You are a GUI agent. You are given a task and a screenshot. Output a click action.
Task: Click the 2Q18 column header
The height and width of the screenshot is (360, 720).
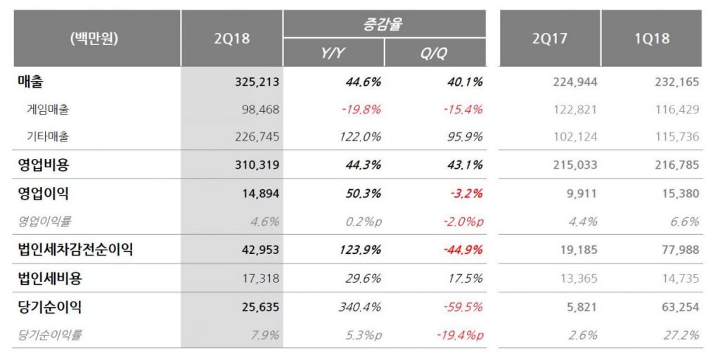(231, 39)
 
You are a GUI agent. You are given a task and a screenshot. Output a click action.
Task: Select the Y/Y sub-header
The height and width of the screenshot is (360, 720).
(333, 53)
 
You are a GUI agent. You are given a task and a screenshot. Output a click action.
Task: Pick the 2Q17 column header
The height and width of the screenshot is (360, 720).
(551, 39)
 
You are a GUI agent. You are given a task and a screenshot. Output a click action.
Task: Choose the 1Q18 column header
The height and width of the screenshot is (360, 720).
(652, 39)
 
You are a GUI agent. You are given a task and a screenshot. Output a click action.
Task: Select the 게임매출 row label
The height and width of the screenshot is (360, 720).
(44, 109)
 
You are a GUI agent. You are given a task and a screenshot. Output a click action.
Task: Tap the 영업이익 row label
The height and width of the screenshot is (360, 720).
(43, 193)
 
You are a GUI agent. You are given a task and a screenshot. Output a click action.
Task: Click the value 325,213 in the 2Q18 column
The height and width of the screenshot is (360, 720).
(257, 82)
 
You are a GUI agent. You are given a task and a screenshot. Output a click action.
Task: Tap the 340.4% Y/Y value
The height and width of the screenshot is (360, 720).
(361, 307)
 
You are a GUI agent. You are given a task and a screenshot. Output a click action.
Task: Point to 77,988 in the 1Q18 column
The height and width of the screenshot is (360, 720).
(679, 250)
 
